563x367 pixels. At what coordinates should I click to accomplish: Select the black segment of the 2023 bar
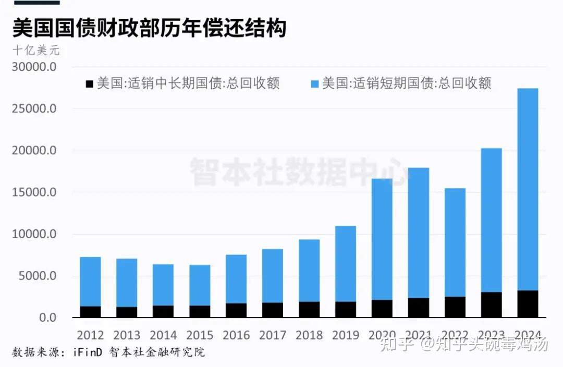tap(491, 305)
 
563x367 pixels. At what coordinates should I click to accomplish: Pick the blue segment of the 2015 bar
tap(200, 285)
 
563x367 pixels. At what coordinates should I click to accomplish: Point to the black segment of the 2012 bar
tap(90, 312)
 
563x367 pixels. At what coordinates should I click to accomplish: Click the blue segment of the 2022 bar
tap(455, 242)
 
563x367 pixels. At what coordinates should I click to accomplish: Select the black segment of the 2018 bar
tap(309, 310)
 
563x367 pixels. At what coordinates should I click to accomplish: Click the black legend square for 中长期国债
tap(89, 83)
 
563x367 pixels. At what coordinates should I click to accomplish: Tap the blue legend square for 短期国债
tap(314, 83)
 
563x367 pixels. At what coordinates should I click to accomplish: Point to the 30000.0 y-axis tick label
tap(34, 68)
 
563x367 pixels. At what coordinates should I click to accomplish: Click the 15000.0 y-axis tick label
tap(34, 193)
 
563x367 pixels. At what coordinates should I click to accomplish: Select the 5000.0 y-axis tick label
tap(38, 276)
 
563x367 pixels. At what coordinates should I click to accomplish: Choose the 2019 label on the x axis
tap(346, 335)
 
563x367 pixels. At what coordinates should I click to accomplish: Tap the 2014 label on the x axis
tap(163, 335)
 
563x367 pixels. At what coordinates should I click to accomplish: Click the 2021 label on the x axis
tap(418, 335)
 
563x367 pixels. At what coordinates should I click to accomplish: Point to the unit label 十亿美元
tap(36, 51)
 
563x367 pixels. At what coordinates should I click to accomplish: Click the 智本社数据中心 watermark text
tap(298, 171)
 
